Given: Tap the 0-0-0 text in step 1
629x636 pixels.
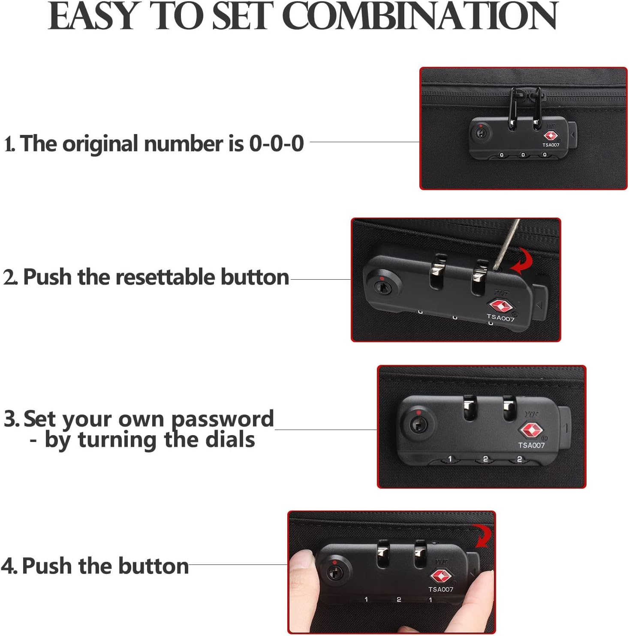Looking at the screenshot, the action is pyautogui.click(x=277, y=143).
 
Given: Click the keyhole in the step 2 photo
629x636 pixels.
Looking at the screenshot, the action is pyautogui.click(x=381, y=287).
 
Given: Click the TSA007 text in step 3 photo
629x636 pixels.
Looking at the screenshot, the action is pyautogui.click(x=531, y=445).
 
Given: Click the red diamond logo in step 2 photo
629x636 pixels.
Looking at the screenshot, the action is pyautogui.click(x=501, y=306).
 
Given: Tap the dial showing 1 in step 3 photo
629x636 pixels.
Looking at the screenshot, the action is pyautogui.click(x=450, y=459).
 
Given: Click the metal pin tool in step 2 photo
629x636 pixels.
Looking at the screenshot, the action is pyautogui.click(x=509, y=244).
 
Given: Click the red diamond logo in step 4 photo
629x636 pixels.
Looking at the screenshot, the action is pyautogui.click(x=440, y=576).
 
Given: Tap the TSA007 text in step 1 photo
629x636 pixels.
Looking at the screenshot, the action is pyautogui.click(x=551, y=145).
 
